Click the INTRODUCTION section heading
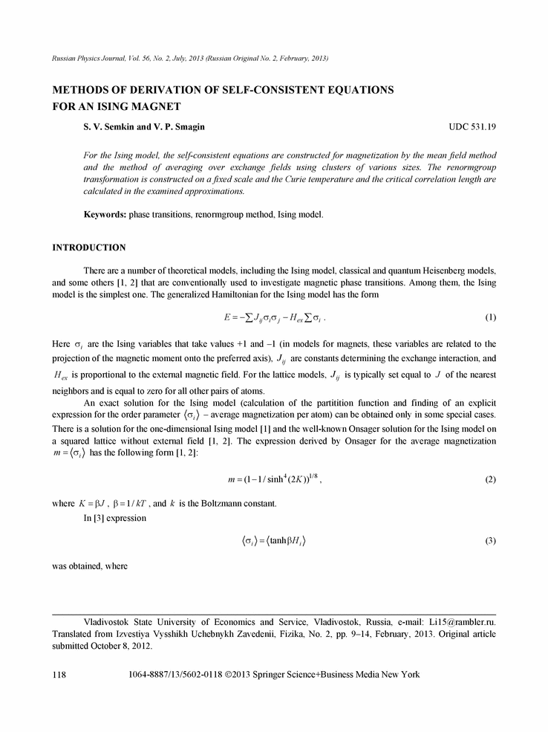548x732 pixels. tap(88, 247)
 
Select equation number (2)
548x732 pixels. tap(490, 479)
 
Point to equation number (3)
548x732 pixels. tap(490, 540)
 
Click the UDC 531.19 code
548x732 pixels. tap(472, 127)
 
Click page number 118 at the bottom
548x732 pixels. tap(59, 675)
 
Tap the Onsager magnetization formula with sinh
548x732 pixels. tap(273, 479)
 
